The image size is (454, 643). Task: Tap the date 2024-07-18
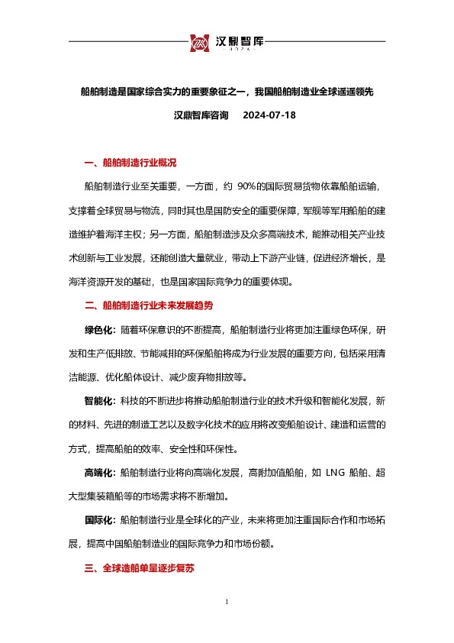(268, 116)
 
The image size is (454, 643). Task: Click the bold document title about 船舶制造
(227, 91)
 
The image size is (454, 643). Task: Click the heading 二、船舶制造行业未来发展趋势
(148, 305)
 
